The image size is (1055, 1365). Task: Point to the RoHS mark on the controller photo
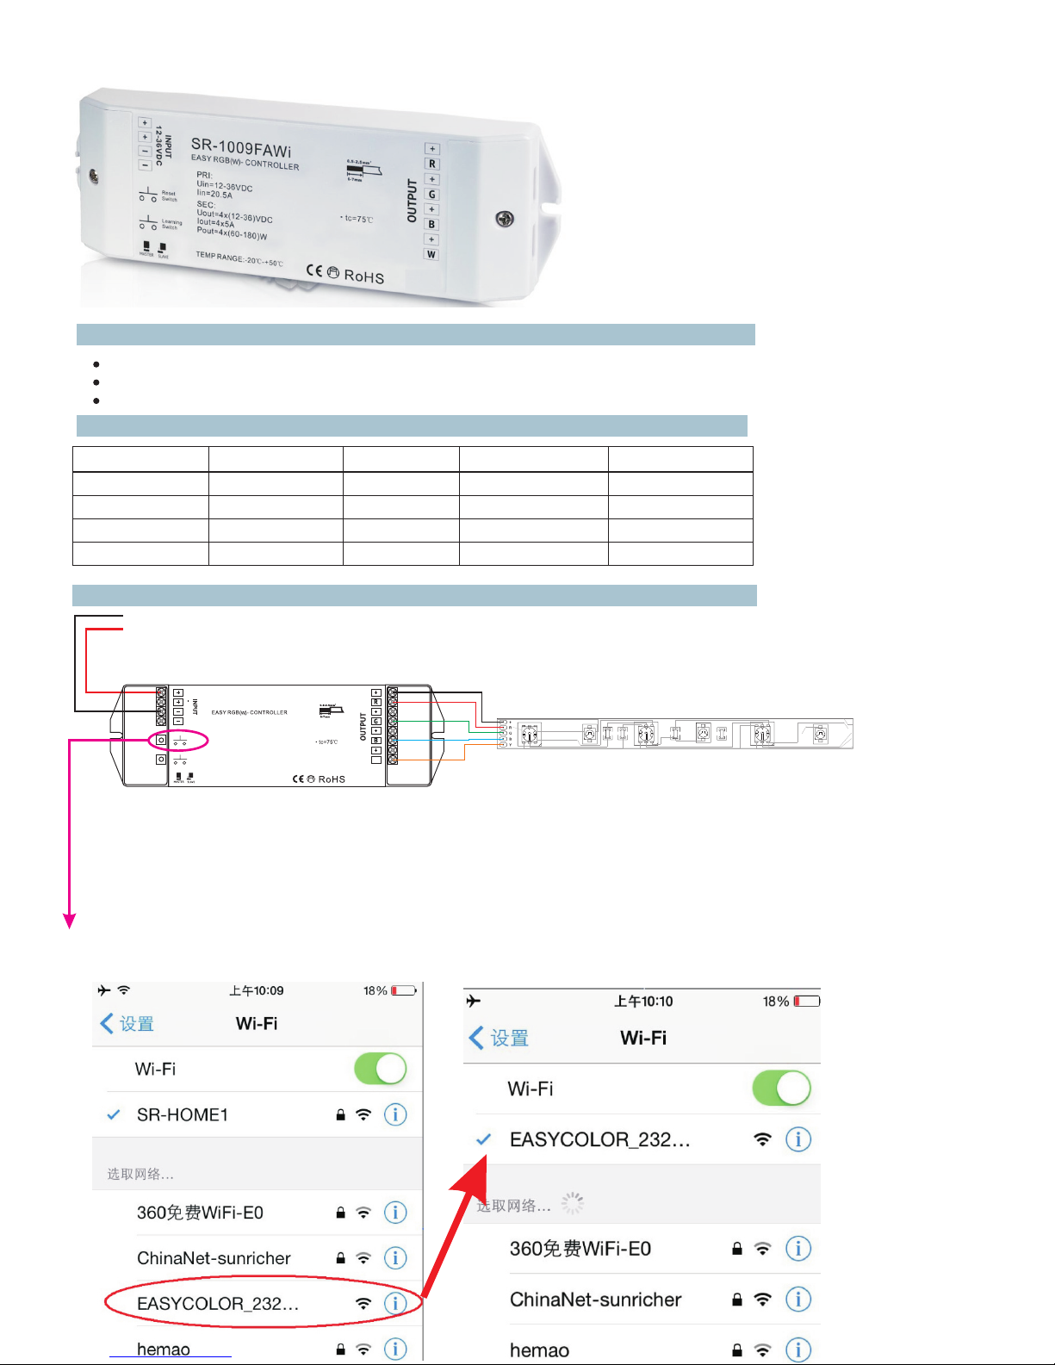point(363,276)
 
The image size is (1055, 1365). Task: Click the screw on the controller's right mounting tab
point(505,219)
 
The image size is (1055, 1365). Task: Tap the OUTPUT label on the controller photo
point(412,201)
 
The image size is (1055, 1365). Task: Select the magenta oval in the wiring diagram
point(178,740)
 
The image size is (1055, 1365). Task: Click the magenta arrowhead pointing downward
point(70,921)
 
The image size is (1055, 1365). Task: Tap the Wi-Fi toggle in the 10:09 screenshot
point(380,1069)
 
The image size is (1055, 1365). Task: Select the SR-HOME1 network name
point(183,1115)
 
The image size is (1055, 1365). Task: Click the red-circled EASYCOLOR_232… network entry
point(218,1304)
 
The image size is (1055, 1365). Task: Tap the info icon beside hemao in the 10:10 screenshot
point(798,1349)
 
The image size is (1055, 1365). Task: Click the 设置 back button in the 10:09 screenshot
point(127,1024)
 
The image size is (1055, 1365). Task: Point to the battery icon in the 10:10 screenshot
point(807,1002)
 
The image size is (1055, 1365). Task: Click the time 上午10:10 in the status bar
point(643,1002)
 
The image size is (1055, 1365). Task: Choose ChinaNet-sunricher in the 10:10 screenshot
point(595,1300)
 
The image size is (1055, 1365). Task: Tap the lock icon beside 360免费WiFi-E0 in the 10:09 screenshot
point(341,1213)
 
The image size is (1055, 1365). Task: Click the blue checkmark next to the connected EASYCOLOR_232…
point(484,1139)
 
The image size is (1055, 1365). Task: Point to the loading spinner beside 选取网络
point(573,1203)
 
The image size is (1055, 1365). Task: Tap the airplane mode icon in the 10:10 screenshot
point(474,1001)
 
